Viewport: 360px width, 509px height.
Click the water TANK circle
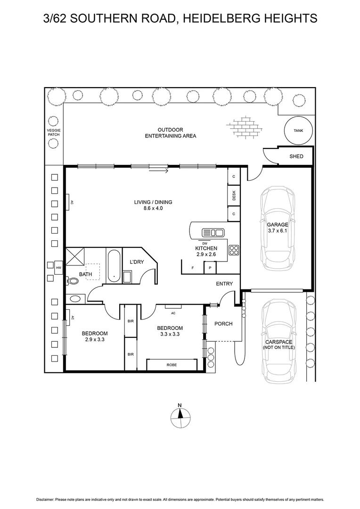pos(299,131)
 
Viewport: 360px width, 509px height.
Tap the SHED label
pos(296,156)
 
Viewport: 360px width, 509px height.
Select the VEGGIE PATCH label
pos(54,132)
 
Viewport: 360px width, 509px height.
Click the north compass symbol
pos(180,416)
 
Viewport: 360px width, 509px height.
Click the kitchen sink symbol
pos(213,232)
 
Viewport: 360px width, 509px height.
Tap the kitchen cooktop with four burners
pos(234,250)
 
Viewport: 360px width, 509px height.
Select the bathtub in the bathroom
pos(114,266)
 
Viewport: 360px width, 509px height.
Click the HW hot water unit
pos(59,268)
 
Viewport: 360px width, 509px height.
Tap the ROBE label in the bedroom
pos(172,365)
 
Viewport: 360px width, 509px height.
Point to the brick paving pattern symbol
pos(243,126)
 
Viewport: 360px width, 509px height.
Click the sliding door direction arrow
pos(158,171)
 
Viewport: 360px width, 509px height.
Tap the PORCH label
pos(223,324)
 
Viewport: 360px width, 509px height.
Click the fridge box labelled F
pos(192,268)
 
